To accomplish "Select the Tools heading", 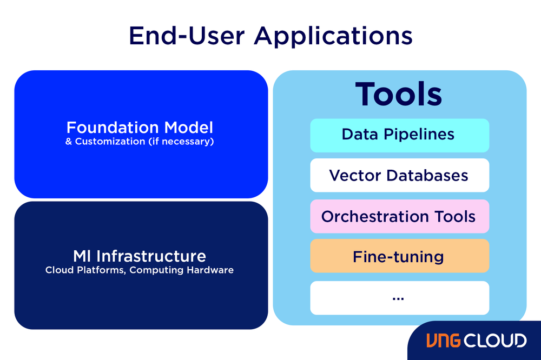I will click(399, 94).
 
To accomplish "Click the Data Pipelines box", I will click(399, 135).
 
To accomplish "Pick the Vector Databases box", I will click(399, 175).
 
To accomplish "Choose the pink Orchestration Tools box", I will click(399, 216).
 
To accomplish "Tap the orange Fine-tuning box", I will click(399, 256).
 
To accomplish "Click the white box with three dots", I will click(399, 297).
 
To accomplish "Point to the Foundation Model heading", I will click(140, 128).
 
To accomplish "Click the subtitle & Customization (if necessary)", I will click(140, 142).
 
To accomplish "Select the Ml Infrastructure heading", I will click(140, 256).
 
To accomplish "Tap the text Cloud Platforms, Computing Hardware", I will click(140, 270).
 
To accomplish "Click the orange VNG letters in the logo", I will click(444, 341).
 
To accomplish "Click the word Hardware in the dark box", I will click(210, 270).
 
